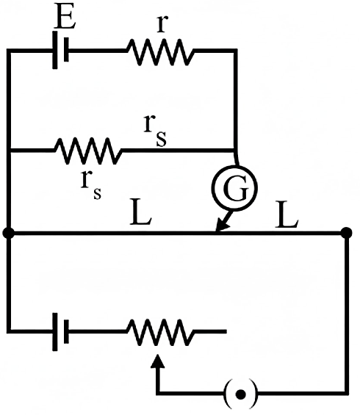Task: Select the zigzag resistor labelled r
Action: pos(160,52)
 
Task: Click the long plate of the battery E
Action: pos(55,50)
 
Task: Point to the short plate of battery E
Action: pos(66,50)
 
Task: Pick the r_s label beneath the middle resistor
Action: pos(91,184)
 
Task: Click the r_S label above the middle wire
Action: pos(156,131)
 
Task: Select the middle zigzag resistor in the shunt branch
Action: pos(88,151)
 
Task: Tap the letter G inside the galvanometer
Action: pos(236,188)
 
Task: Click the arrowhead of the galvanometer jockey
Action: pos(222,225)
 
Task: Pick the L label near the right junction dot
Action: pos(287,214)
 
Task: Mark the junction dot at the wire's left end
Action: pos(9,233)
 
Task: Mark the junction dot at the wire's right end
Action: pos(346,233)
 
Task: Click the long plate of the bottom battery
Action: pos(55,332)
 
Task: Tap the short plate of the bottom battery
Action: pos(66,331)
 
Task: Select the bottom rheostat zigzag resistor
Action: pos(160,333)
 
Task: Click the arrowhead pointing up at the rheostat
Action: pos(158,361)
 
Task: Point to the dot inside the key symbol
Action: pos(240,394)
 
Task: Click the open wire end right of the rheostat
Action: pos(226,331)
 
